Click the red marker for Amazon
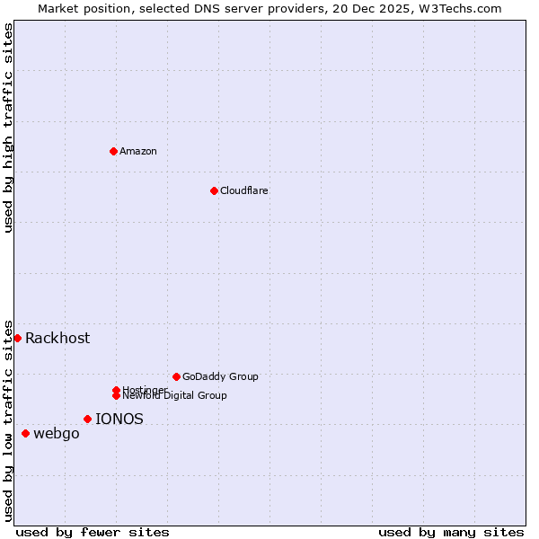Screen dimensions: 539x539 tap(113, 151)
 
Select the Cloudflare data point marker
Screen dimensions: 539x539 tap(214, 190)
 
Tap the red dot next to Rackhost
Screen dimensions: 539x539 tap(17, 338)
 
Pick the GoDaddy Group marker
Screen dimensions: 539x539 tap(176, 376)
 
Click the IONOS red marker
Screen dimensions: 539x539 tap(87, 419)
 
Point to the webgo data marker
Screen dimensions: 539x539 tap(25, 434)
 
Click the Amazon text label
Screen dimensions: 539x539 tap(137, 151)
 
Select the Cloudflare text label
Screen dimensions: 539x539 tap(243, 190)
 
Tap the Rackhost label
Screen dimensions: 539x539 tap(57, 338)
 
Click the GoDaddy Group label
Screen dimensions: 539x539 tap(220, 376)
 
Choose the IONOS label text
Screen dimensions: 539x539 tap(119, 419)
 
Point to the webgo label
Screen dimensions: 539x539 tap(57, 434)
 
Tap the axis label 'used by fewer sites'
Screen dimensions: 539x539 tap(93, 532)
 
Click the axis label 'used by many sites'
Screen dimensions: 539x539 tap(451, 532)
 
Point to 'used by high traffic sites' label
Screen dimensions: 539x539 tap(9, 128)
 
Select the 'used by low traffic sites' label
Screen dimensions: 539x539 tap(9, 420)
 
